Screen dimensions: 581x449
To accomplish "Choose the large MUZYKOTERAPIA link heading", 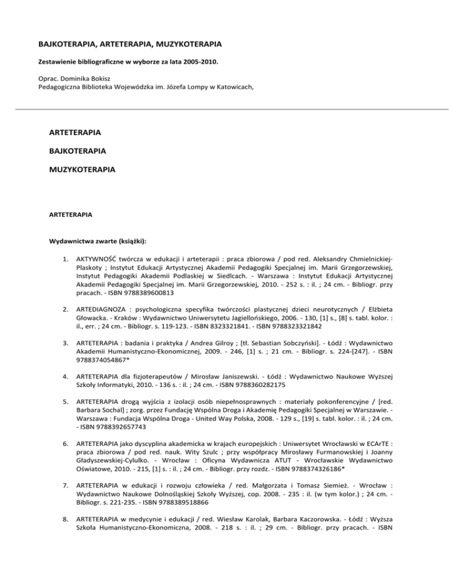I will point(83,171).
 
